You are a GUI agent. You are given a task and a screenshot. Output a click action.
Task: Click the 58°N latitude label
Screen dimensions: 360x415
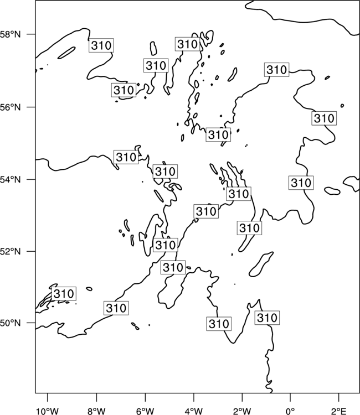(10, 34)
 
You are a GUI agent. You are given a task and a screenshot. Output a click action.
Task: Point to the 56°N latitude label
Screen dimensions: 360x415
(10, 107)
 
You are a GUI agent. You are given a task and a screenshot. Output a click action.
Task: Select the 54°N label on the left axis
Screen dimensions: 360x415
(10, 180)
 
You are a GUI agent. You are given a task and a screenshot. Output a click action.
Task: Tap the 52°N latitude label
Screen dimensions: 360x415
(10, 251)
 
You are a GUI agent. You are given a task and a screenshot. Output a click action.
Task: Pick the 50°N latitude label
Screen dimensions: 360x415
(10, 323)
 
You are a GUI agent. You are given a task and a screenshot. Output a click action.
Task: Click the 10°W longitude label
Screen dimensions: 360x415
(48, 411)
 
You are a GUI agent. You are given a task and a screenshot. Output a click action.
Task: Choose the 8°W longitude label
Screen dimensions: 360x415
(96, 411)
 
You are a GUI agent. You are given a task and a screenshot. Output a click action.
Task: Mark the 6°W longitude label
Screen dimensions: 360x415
(145, 411)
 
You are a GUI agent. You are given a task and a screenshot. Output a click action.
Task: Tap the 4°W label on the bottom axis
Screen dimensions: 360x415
(194, 411)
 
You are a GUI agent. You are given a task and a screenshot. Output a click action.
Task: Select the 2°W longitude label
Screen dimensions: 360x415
(242, 411)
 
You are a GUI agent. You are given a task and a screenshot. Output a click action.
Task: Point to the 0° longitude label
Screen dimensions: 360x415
(291, 411)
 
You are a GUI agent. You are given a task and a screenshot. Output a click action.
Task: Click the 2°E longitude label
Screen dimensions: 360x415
(339, 411)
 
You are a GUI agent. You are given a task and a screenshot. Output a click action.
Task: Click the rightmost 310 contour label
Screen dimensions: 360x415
(324, 118)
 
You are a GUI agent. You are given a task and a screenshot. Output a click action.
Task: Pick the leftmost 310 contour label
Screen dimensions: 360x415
(64, 294)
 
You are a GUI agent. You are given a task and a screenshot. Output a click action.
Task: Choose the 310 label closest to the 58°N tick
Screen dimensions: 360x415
(101, 45)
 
